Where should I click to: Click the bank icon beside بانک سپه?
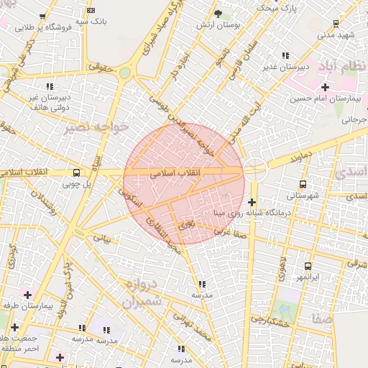tap(90, 11)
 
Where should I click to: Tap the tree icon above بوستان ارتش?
tap(218, 14)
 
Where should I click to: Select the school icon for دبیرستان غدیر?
tap(285, 55)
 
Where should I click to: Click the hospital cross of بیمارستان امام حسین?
tap(326, 87)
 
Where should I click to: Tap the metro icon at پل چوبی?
tap(77, 172)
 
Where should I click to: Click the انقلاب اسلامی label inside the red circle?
tap(178, 174)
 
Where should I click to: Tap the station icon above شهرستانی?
tap(303, 184)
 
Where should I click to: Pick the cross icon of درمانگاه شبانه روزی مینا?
tap(252, 203)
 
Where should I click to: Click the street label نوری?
tap(187, 224)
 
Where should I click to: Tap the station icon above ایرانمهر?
tap(308, 266)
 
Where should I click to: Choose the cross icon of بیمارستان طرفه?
tap(27, 295)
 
